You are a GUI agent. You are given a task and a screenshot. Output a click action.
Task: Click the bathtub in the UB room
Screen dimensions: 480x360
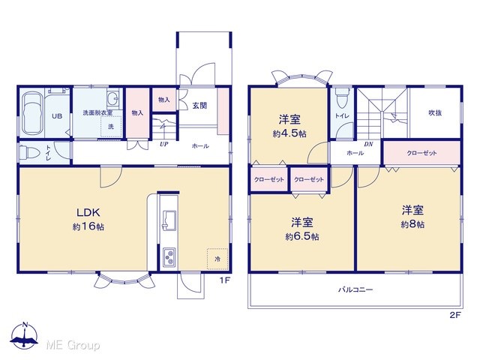coord(32,113)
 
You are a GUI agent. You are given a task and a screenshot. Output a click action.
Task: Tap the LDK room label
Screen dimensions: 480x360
coord(88,211)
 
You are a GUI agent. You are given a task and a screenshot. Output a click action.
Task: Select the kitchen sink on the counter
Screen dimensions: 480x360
coord(169,220)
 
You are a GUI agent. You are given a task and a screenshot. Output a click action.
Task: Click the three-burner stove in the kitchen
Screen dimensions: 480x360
coord(169,257)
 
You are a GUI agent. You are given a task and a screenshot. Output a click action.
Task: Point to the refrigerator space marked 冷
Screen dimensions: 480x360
coord(217,259)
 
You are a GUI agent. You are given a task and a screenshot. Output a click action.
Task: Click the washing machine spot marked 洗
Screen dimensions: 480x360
coord(111,126)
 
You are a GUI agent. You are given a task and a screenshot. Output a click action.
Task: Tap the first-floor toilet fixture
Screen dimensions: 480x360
coord(28,152)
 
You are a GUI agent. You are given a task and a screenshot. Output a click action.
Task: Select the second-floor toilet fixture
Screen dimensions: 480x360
coord(342,97)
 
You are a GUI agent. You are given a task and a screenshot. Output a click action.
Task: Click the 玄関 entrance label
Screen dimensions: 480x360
coord(199,106)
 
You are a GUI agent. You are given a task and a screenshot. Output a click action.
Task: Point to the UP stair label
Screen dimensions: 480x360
coord(164,144)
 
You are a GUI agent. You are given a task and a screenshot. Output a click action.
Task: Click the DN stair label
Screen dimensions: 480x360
coord(368,144)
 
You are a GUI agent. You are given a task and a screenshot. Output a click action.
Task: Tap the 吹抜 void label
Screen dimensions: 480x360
coord(435,112)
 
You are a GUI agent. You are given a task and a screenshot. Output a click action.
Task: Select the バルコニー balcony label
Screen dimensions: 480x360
coord(355,289)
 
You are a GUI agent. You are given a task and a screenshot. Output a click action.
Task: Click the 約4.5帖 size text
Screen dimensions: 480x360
coord(289,133)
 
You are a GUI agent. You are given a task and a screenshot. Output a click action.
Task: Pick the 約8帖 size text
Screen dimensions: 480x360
coord(412,224)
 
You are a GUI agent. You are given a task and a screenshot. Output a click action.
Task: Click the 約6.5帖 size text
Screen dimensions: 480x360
coord(301,236)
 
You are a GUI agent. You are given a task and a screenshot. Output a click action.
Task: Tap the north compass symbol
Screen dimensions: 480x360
coord(25,335)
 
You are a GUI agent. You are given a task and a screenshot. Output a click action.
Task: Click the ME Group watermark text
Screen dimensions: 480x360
coord(73,346)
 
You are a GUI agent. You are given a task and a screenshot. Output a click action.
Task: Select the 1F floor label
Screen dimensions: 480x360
coord(224,280)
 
